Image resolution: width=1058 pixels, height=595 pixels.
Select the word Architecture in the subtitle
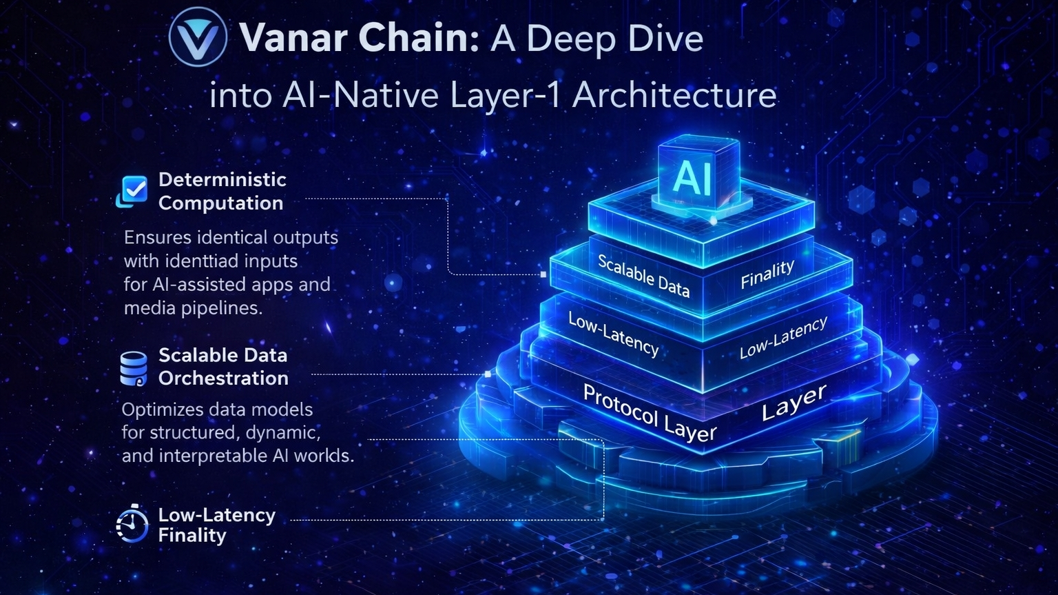674,95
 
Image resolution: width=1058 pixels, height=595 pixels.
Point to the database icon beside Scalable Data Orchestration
133,368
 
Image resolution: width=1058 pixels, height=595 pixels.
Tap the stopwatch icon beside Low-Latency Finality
132,525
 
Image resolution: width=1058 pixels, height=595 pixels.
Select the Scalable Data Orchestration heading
223,367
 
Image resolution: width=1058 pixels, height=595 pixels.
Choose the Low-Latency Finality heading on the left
216,525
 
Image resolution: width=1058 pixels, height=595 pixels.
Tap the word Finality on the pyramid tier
767,274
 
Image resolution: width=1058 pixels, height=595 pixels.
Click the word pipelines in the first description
222,307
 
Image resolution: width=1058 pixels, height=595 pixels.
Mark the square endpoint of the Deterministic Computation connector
543,274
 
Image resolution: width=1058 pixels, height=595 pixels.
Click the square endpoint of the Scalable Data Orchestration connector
488,374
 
